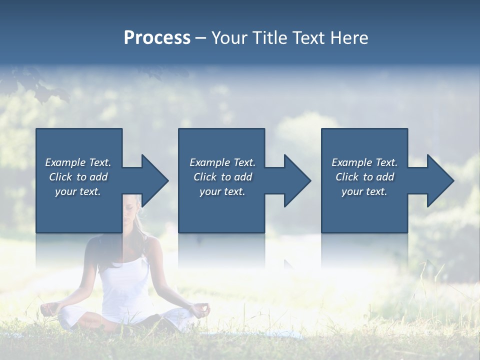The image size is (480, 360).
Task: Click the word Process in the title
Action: pyautogui.click(x=157, y=38)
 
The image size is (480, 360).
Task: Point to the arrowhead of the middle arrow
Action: pyautogui.click(x=297, y=180)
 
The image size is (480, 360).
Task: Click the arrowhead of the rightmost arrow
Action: pyautogui.click(x=440, y=180)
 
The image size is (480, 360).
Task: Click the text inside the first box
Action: pyautogui.click(x=78, y=177)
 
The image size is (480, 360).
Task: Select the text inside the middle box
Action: pyautogui.click(x=222, y=177)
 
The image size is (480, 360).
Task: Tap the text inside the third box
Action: pyautogui.click(x=364, y=177)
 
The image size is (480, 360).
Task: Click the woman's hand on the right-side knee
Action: pyautogui.click(x=201, y=309)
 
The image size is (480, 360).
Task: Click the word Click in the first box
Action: pyautogui.click(x=61, y=177)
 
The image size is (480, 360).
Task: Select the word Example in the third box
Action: pyautogui.click(x=351, y=162)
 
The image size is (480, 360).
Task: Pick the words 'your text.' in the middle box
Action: pyautogui.click(x=222, y=191)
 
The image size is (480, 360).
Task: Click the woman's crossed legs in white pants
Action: pyautogui.click(x=125, y=320)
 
